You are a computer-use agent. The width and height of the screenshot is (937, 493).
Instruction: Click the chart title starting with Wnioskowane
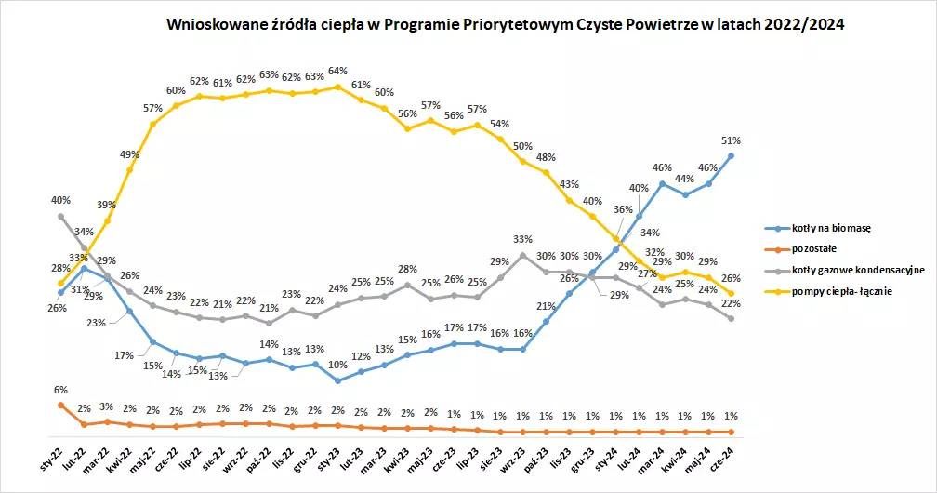click(x=505, y=24)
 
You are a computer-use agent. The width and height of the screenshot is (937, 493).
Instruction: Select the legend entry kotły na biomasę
click(x=831, y=228)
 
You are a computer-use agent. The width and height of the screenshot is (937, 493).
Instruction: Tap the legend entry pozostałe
click(x=814, y=249)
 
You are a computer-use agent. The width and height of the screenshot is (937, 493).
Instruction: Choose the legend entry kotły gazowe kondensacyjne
click(x=858, y=271)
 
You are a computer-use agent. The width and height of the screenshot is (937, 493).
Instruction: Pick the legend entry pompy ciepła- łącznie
click(x=842, y=292)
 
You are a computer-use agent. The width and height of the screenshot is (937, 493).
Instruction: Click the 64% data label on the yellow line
click(x=337, y=72)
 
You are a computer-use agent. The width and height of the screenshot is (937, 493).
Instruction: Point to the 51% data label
click(x=731, y=140)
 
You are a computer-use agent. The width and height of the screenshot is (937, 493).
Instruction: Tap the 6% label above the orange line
click(x=60, y=390)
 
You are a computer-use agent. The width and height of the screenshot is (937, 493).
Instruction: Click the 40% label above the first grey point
click(x=60, y=200)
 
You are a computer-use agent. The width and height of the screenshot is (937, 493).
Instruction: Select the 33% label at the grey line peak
click(x=522, y=239)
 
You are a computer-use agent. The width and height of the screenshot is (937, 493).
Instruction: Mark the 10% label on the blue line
click(x=338, y=365)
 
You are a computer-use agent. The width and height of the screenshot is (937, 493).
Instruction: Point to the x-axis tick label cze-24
click(x=722, y=457)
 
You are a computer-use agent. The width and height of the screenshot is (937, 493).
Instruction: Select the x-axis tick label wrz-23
click(x=513, y=457)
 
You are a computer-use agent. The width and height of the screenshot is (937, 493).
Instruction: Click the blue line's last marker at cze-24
click(x=731, y=155)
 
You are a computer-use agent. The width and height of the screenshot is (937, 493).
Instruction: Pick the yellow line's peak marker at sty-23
click(x=337, y=87)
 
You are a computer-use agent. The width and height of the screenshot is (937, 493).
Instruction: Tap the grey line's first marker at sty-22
click(x=60, y=216)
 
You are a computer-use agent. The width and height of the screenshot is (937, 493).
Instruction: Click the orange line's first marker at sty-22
click(x=60, y=405)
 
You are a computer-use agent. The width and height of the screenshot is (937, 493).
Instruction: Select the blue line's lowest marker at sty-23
click(x=337, y=380)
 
